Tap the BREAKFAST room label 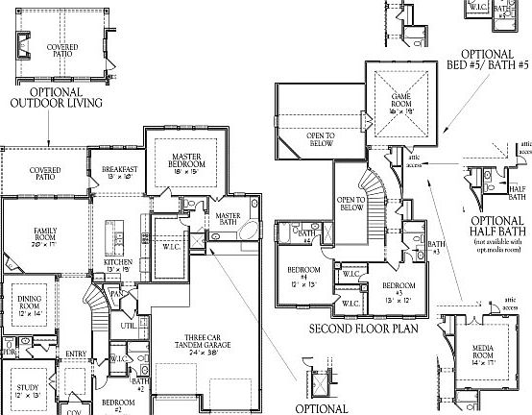(120, 172)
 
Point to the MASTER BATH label (228, 219)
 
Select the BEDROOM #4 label (306, 273)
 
